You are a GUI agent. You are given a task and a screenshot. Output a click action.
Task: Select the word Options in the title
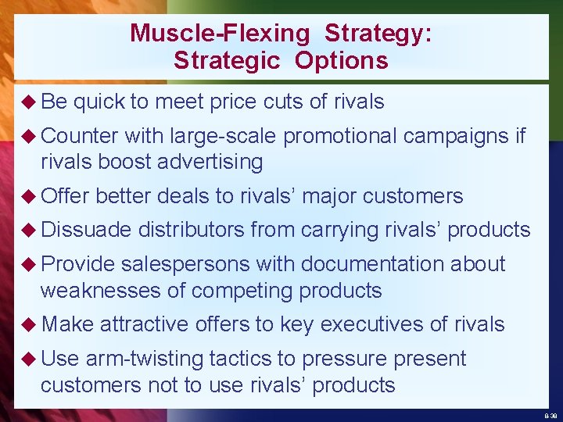[x=341, y=60]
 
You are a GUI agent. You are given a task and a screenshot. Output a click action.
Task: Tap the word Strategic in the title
[x=226, y=60]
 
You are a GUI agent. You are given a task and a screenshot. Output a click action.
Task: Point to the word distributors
[x=192, y=230]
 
